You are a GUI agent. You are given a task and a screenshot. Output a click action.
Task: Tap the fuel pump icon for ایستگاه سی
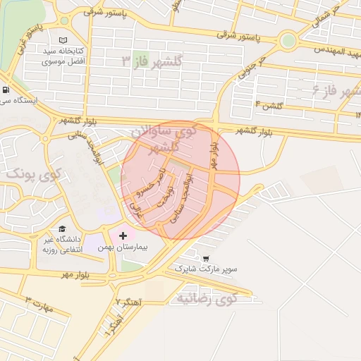point(6,90)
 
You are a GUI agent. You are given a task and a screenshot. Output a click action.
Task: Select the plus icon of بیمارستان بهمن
point(124,235)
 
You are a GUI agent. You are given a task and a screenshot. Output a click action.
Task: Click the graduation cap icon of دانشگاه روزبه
point(63,229)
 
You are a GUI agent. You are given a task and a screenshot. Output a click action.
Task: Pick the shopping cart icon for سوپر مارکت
point(206,259)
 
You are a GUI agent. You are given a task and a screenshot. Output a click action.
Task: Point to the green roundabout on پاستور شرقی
point(288,40)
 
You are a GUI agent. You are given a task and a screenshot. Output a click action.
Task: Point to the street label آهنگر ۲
point(130,301)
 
